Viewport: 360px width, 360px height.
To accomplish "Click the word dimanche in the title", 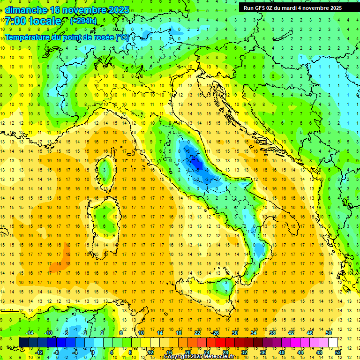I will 26,10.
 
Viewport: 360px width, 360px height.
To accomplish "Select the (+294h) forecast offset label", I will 83,21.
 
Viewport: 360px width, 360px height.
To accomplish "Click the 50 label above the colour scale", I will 329,333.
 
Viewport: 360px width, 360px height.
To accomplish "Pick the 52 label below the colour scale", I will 338,352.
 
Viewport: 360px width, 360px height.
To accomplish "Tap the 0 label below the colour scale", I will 93,352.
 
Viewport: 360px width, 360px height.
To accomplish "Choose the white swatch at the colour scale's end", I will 333,343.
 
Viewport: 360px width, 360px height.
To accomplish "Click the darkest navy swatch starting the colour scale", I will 23,343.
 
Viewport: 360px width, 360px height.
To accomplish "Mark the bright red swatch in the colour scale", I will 220,343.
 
